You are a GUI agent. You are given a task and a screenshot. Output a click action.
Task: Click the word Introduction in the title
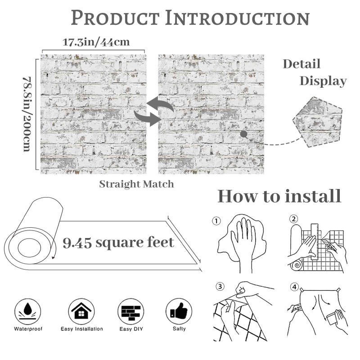point(238,18)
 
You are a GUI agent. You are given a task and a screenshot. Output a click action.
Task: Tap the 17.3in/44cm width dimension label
point(96,42)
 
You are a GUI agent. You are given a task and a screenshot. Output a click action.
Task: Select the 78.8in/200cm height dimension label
point(27,114)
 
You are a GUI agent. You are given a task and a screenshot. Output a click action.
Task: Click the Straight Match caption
point(136,184)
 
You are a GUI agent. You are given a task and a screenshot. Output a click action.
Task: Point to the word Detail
point(301,64)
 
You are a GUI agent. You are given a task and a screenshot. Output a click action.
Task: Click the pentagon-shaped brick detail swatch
point(318,122)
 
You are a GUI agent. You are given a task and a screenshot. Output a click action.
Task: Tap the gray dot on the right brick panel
point(243,134)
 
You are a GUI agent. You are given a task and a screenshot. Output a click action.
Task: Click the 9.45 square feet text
point(118,243)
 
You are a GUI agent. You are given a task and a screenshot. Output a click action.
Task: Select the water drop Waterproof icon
point(27,311)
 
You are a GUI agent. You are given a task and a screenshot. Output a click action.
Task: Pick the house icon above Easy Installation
point(81,311)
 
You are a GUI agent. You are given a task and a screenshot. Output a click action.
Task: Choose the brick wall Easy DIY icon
point(131,311)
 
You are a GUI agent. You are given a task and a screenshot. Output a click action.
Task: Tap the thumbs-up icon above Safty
point(179,311)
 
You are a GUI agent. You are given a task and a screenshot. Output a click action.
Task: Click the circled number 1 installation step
point(216,221)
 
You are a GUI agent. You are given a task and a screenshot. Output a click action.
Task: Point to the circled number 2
point(294,219)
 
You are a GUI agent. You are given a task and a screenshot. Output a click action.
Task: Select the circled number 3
point(220,287)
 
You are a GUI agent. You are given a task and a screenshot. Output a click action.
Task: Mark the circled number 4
point(294,287)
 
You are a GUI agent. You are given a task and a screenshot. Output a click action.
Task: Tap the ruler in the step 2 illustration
point(315,242)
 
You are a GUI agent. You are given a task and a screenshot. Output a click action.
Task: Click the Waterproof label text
point(28,329)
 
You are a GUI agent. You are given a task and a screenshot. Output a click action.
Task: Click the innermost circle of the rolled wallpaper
point(29,248)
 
